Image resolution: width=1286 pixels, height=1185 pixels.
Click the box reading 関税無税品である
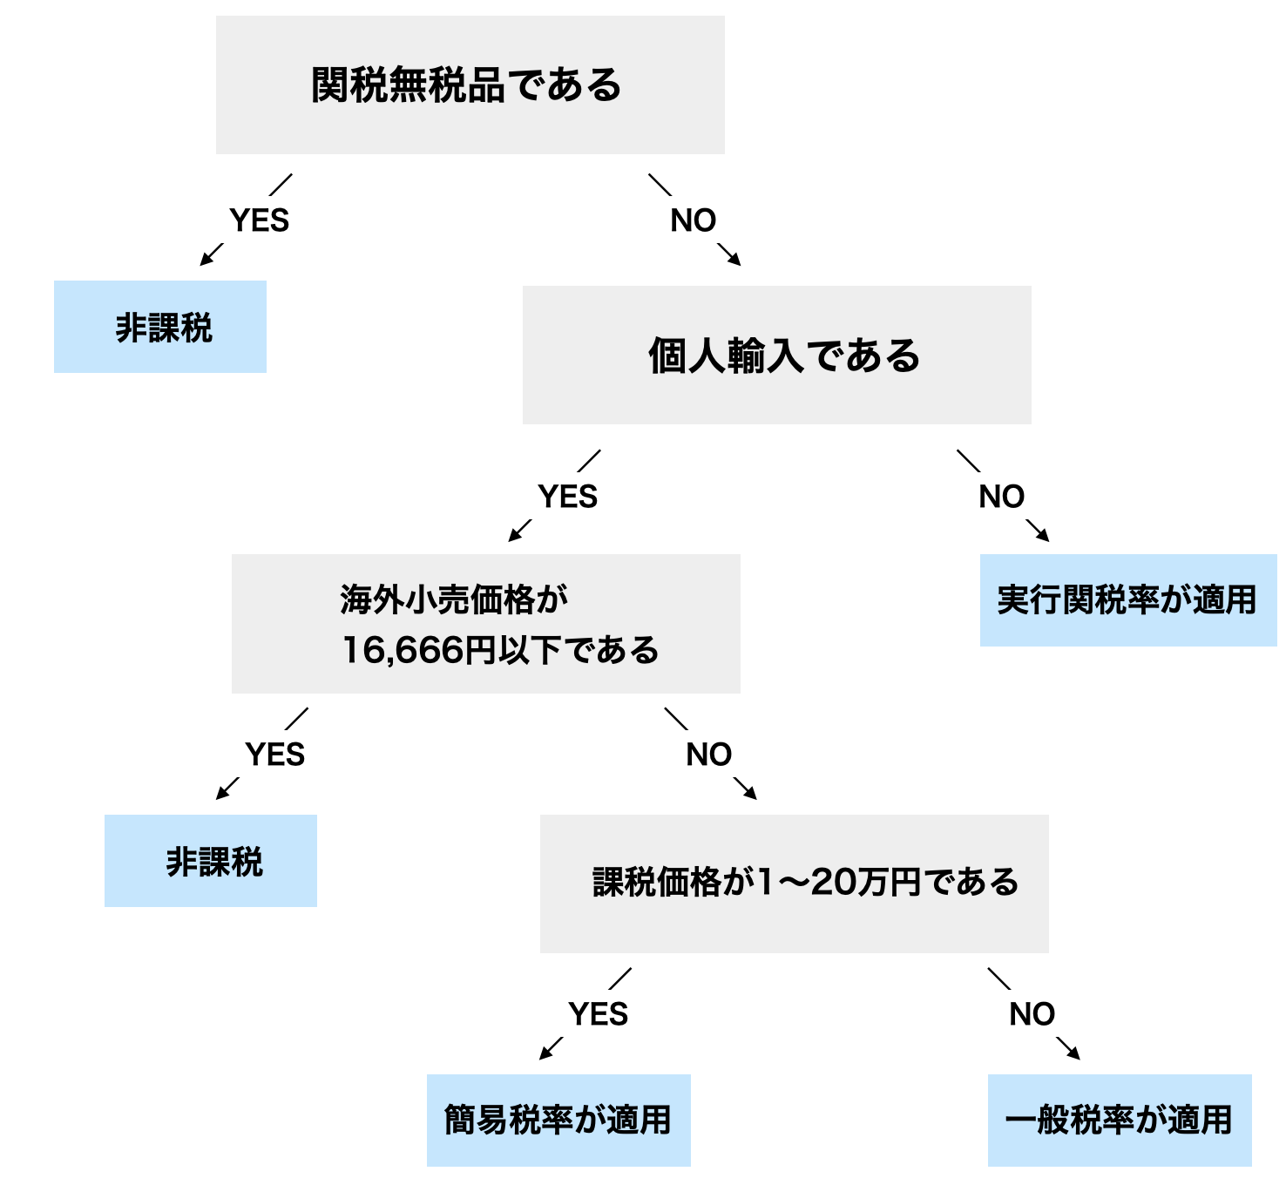coord(470,85)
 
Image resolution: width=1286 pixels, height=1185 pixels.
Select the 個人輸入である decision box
coord(776,355)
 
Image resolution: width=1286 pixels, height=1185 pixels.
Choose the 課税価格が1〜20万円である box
coord(794,883)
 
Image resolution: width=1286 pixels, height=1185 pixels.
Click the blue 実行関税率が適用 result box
coord(1127,600)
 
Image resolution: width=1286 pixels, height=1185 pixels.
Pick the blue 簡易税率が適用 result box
coord(558,1120)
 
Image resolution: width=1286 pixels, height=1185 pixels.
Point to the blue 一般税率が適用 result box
coord(1120,1120)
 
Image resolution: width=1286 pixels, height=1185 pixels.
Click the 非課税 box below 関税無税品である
coord(160,327)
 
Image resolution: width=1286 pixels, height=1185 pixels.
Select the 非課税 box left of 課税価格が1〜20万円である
coord(211,861)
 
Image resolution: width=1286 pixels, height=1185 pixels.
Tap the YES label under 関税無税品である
coord(259,220)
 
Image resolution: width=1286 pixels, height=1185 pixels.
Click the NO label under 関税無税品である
coord(694,220)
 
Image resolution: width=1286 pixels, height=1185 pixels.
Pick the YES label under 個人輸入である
coord(568,497)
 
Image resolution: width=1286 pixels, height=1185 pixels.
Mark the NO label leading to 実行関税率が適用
coord(1002,497)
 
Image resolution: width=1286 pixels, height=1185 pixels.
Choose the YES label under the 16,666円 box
coord(275,755)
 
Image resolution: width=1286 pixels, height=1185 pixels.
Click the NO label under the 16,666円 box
coord(709,755)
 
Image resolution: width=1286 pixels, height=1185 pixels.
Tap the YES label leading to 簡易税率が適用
coord(599,1014)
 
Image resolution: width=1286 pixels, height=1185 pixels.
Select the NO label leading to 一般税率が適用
coord(1032,1014)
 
